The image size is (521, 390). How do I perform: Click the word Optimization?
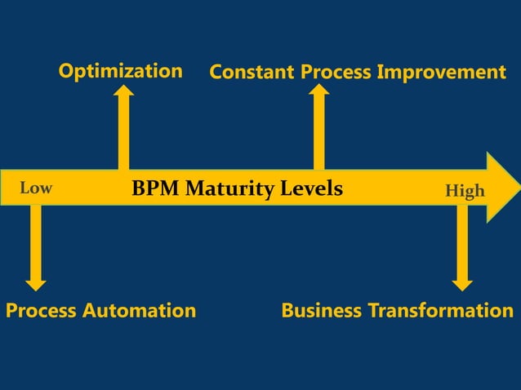[x=120, y=72]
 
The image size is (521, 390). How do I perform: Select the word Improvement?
[x=441, y=73]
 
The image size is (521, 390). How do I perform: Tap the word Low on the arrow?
[x=36, y=188]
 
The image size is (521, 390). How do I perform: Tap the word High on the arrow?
[x=465, y=191]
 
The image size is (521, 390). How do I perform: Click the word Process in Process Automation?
[x=41, y=311]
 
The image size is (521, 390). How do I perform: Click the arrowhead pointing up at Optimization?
[x=123, y=91]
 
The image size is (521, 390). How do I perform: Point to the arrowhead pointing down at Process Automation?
[x=36, y=283]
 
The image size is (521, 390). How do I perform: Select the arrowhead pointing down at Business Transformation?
[x=463, y=284]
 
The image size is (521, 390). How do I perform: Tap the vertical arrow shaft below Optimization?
[x=123, y=131]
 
